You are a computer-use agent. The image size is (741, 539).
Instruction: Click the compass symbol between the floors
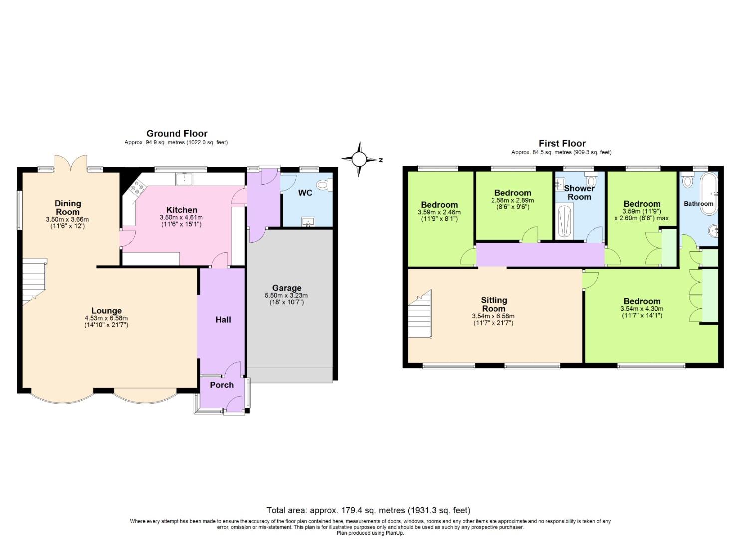pyautogui.click(x=359, y=159)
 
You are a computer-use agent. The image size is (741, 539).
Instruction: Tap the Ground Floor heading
pyautogui.click(x=177, y=133)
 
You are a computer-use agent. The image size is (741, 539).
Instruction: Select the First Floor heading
pyautogui.click(x=562, y=143)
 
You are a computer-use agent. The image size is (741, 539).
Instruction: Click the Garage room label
pyautogui.click(x=287, y=288)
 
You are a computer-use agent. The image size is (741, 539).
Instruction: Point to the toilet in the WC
pyautogui.click(x=323, y=186)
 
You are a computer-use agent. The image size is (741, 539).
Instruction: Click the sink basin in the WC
pyautogui.click(x=308, y=221)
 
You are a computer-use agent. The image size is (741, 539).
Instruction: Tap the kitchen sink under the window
pyautogui.click(x=185, y=178)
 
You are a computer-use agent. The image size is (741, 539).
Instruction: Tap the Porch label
pyautogui.click(x=222, y=385)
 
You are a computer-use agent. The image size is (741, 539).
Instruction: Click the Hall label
pyautogui.click(x=223, y=320)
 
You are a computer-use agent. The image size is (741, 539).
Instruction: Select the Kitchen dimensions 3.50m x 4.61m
pyautogui.click(x=181, y=218)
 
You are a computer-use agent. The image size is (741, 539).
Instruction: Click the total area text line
pyautogui.click(x=368, y=510)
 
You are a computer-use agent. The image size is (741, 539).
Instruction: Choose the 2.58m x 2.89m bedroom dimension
pyautogui.click(x=512, y=200)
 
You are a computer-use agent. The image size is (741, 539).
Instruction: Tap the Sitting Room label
pyautogui.click(x=494, y=304)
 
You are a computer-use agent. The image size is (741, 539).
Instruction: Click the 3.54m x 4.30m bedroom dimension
pyautogui.click(x=642, y=309)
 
